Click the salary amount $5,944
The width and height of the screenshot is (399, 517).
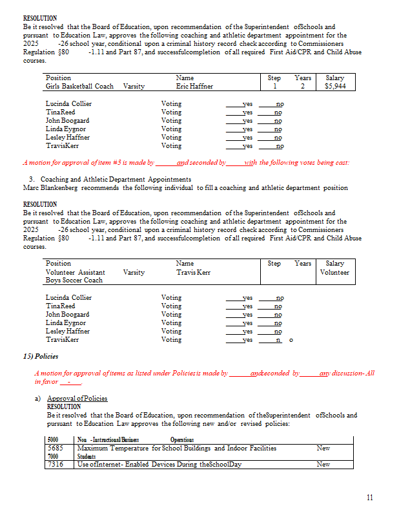coord(336,86)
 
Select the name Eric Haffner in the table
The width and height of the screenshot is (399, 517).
coord(194,86)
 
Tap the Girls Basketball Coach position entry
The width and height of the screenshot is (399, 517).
coord(79,86)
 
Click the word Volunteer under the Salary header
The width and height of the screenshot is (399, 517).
coord(334,272)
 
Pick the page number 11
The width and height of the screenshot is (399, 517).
coord(369,497)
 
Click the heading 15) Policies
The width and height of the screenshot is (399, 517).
coord(41,356)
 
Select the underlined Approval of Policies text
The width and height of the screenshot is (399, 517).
coord(77,398)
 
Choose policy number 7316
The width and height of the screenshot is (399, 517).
coord(56,464)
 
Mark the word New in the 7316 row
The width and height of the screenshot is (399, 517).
coord(323,464)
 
